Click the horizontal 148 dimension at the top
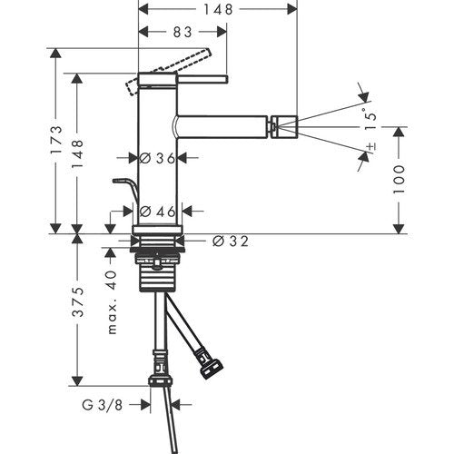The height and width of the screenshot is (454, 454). coord(218,9)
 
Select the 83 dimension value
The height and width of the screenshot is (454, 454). coord(183,32)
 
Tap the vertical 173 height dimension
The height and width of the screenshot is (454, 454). coord(56,140)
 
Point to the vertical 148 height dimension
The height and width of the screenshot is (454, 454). coord(78,153)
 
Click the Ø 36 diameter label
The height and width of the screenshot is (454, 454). coord(157,158)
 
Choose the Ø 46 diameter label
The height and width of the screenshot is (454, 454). coord(158,212)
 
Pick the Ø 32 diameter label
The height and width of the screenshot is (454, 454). coord(230,242)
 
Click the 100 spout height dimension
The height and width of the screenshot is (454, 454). coord(399,180)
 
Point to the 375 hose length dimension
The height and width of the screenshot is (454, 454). coord(78,302)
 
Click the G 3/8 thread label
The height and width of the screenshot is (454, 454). coord(103,405)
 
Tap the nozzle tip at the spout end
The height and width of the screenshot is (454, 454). coord(284,126)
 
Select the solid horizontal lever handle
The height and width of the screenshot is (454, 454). coord(202,79)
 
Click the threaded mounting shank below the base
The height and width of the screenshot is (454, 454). coord(157,272)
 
